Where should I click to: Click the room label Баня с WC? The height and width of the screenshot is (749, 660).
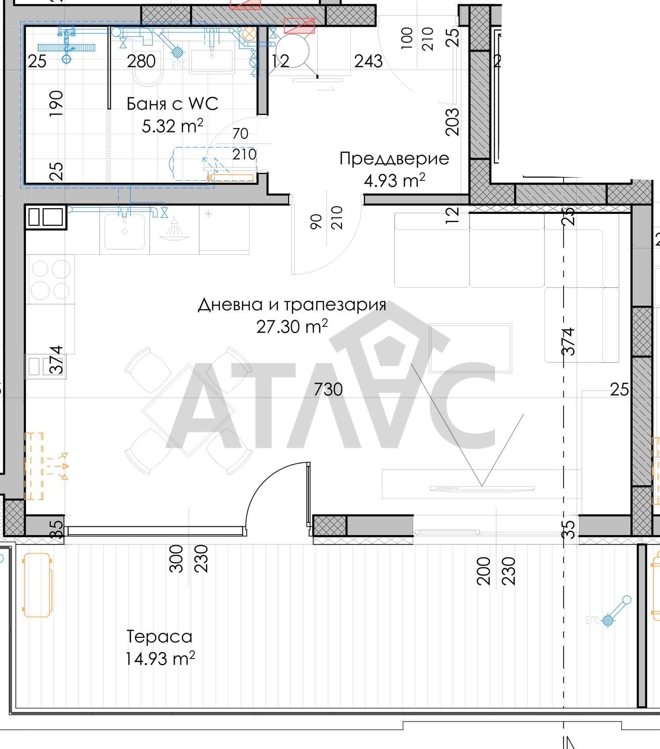tap(172, 104)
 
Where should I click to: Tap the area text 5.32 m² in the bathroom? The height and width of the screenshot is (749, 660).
tap(172, 126)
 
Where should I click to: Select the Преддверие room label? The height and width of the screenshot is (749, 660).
tap(394, 159)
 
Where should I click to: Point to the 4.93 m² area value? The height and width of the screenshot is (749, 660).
tap(394, 180)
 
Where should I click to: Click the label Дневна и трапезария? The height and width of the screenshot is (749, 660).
tap(292, 305)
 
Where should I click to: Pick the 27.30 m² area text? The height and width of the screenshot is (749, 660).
tap(292, 327)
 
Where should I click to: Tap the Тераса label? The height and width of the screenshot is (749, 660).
tap(160, 636)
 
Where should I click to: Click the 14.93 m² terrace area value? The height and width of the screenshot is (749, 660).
tap(160, 659)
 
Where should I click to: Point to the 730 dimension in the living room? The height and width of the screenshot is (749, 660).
tap(328, 389)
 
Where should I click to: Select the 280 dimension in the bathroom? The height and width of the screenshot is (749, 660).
tap(141, 61)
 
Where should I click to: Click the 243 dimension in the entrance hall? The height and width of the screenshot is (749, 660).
tap(368, 61)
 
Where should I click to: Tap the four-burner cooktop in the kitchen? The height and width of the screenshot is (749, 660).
tap(51, 279)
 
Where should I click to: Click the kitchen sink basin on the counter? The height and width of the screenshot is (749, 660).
tap(125, 231)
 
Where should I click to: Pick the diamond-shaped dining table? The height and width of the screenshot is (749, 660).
tap(188, 411)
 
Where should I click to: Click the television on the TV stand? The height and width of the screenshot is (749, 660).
tap(482, 488)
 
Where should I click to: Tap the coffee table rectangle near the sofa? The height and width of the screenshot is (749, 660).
tap(471, 348)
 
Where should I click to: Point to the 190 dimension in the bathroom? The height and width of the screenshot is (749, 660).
tap(56, 103)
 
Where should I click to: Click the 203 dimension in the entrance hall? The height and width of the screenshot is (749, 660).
tap(452, 122)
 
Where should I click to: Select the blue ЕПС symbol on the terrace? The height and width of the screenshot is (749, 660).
tap(608, 620)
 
